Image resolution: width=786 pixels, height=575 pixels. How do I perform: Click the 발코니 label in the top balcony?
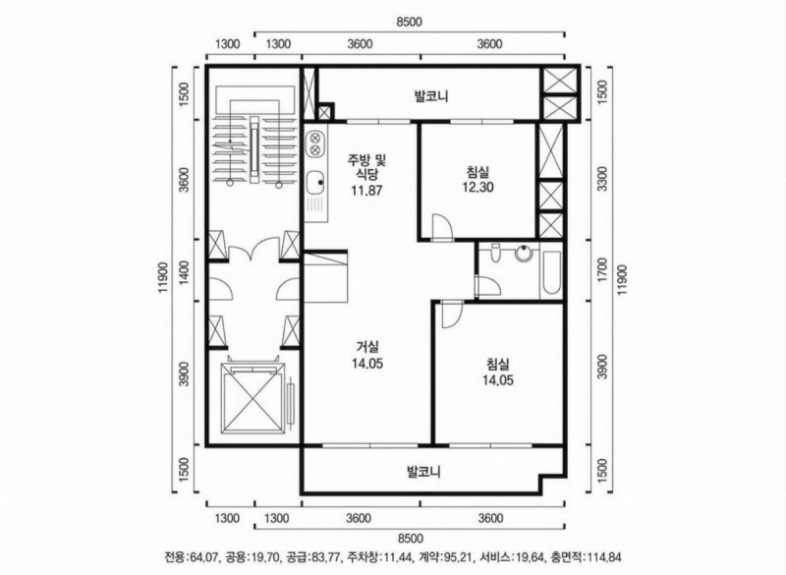pos(431,96)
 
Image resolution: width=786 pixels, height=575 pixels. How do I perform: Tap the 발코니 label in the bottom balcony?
pos(423,472)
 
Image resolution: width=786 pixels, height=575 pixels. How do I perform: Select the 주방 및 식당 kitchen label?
pos(367,167)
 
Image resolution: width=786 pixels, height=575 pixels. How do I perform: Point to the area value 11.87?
pos(366,191)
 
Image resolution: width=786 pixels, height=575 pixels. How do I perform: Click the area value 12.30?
pos(477,188)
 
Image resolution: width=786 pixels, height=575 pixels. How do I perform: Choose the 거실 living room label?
pos(367,346)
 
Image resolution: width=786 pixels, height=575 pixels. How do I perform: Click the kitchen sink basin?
pos(315,183)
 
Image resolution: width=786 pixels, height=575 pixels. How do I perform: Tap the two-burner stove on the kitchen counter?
pos(315,144)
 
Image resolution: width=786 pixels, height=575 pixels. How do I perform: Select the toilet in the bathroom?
pos(496,253)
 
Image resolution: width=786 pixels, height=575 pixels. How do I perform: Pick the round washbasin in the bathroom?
pos(524,253)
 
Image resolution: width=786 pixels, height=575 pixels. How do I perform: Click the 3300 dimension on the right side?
pos(603,179)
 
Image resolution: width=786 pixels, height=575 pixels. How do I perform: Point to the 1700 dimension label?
pos(603,268)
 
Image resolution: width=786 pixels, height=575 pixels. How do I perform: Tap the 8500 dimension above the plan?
pos(410,22)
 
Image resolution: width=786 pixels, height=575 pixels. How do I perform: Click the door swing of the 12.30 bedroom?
pos(442,227)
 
